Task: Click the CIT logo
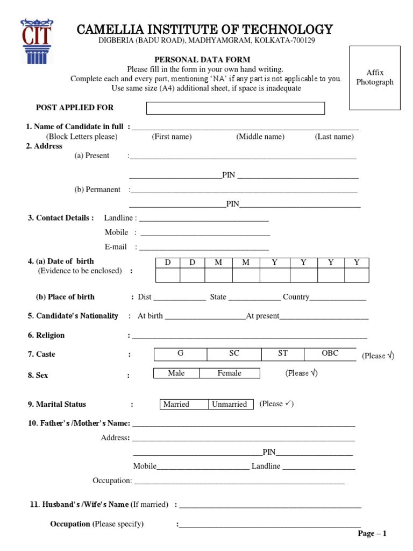(x=37, y=40)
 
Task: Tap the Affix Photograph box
(x=375, y=77)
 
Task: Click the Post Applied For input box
(x=236, y=108)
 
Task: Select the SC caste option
(x=234, y=354)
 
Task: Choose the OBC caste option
(x=330, y=354)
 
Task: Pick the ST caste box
(x=283, y=354)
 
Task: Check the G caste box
(x=181, y=354)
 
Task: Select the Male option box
(x=176, y=373)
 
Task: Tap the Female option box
(x=230, y=373)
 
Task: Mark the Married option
(x=176, y=404)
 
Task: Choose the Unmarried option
(x=230, y=404)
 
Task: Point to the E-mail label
(x=116, y=247)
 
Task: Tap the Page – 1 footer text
(x=372, y=533)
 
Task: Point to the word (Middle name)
(x=260, y=137)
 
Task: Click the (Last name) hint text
(x=334, y=137)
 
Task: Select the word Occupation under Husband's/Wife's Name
(x=70, y=524)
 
